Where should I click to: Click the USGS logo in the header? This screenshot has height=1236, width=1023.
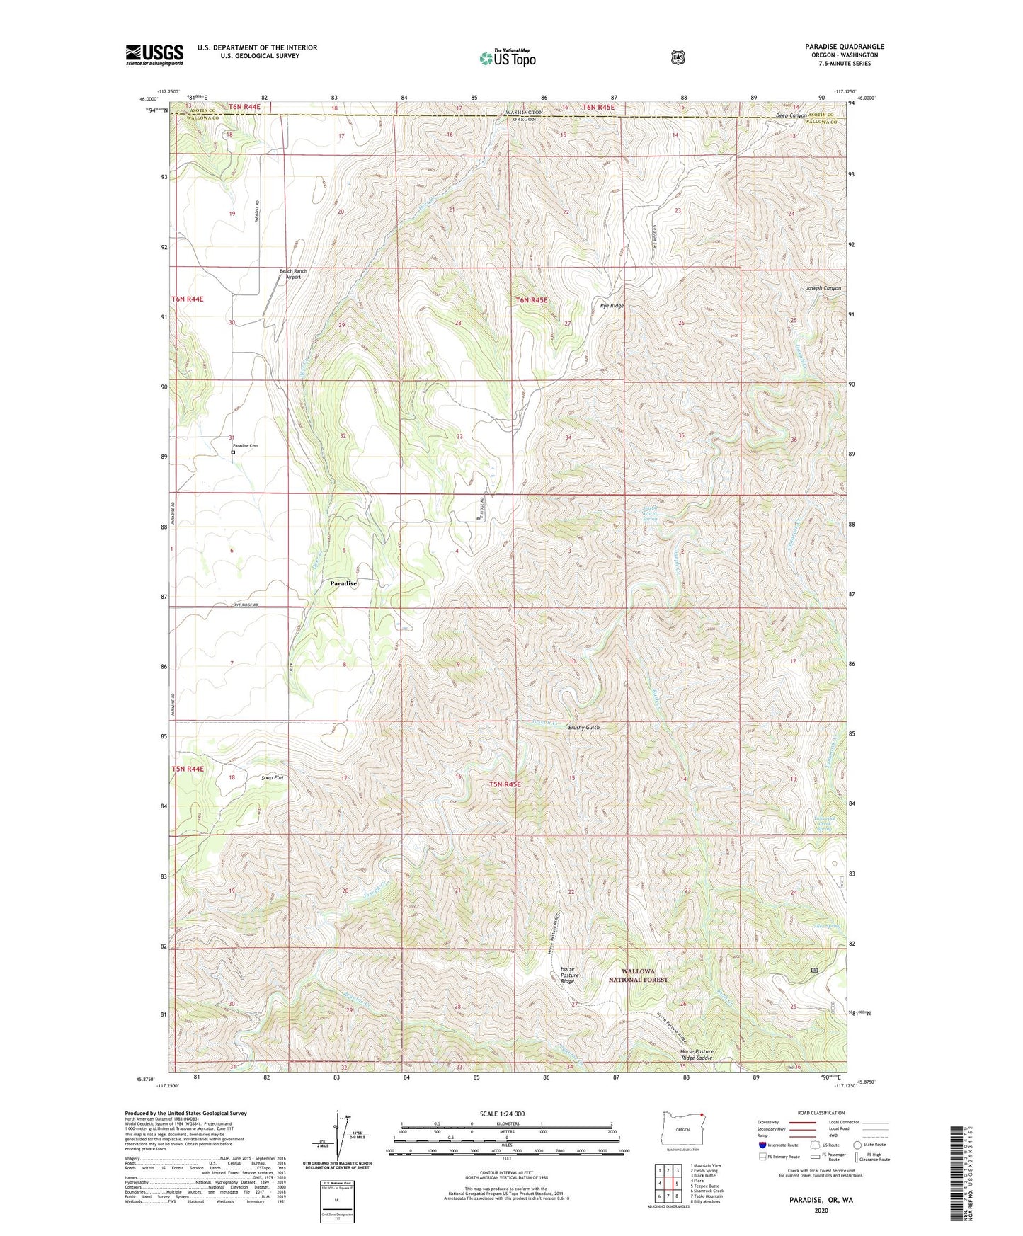pyautogui.click(x=154, y=55)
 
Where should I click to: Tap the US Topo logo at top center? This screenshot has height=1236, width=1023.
pyautogui.click(x=508, y=58)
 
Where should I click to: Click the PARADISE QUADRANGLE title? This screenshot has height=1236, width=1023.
pyautogui.click(x=844, y=47)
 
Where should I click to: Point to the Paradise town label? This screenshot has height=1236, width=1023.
pyautogui.click(x=343, y=583)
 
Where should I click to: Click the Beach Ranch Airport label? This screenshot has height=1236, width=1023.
pyautogui.click(x=293, y=274)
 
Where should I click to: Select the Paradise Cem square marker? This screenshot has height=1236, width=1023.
pyautogui.click(x=233, y=452)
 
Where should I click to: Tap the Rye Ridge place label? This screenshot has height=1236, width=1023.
pyautogui.click(x=612, y=305)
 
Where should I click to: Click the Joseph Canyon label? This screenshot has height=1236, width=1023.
pyautogui.click(x=823, y=288)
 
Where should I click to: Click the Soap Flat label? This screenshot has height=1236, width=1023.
pyautogui.click(x=273, y=778)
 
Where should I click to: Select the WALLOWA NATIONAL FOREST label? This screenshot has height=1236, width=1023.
pyautogui.click(x=639, y=975)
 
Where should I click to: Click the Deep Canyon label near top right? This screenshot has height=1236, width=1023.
pyautogui.click(x=791, y=115)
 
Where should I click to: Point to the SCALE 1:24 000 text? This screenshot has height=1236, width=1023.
pyautogui.click(x=502, y=1114)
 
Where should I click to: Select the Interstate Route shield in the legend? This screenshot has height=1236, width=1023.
pyautogui.click(x=762, y=1145)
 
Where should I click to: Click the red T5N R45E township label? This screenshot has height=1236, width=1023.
pyautogui.click(x=505, y=784)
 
